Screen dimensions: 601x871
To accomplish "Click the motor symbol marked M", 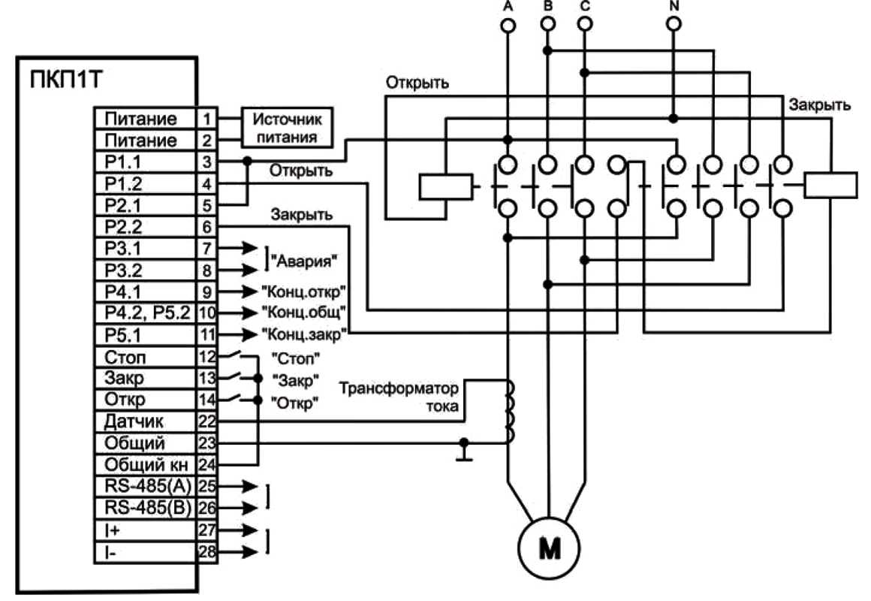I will (550, 549).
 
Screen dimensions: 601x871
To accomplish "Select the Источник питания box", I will (286, 128).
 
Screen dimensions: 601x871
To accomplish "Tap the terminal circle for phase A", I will (508, 26).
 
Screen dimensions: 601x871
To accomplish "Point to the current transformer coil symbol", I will (511, 412).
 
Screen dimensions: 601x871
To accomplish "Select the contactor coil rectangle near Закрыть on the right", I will (830, 185).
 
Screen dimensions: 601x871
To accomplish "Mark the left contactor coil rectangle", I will (445, 186).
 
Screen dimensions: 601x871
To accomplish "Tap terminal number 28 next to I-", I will (207, 553).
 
